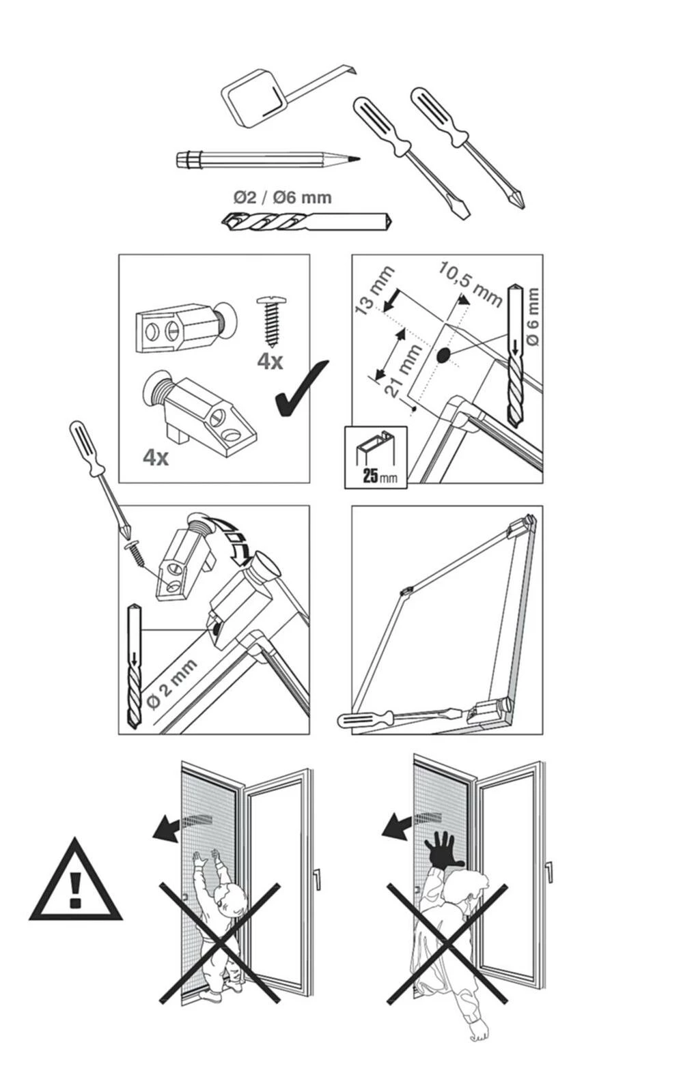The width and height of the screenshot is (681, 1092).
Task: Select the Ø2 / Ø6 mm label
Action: point(282,198)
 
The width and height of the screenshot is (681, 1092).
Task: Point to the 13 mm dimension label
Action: point(375,291)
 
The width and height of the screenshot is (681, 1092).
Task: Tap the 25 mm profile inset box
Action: point(376,457)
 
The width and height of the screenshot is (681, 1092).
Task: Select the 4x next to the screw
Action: point(270,360)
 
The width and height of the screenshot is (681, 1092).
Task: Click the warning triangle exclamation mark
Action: point(75,889)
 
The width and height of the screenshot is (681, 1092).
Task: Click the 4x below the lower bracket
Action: point(156,457)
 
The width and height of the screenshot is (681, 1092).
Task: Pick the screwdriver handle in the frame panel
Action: point(366,719)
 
